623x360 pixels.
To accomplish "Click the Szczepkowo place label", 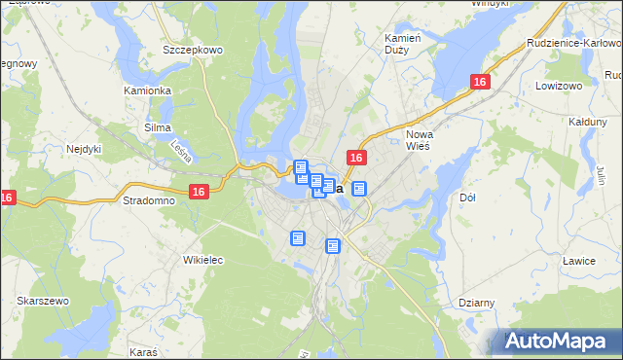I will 193,49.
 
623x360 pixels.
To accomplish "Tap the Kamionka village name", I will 147,90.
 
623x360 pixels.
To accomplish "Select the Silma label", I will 157,127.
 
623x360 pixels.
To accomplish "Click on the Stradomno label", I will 149,200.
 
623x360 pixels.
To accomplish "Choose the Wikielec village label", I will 203,260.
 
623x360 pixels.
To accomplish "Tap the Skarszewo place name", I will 42,302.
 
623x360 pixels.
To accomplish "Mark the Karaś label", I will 143,347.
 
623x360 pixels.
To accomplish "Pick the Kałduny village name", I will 587,122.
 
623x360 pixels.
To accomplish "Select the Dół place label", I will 466,198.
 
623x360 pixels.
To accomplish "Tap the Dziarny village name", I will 476,303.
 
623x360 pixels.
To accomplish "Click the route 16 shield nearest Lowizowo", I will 479,84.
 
